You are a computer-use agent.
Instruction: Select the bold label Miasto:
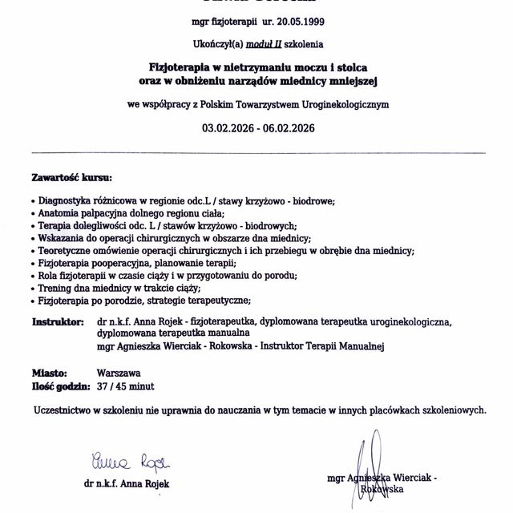tap(49, 374)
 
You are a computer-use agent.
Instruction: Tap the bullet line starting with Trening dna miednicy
tap(113, 288)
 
